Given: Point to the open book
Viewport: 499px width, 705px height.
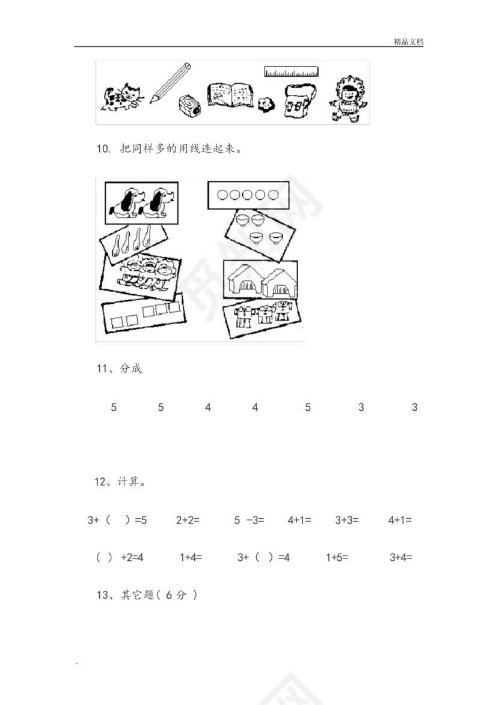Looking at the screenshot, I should tap(230, 95).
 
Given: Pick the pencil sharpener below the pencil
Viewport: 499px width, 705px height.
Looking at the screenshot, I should tap(191, 106).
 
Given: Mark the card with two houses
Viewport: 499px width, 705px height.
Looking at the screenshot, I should tap(260, 280).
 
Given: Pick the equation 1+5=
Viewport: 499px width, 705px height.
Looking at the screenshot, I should tap(337, 557).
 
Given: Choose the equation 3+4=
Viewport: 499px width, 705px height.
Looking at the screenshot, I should tap(400, 557).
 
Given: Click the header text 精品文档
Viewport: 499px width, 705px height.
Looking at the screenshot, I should tap(408, 42).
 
